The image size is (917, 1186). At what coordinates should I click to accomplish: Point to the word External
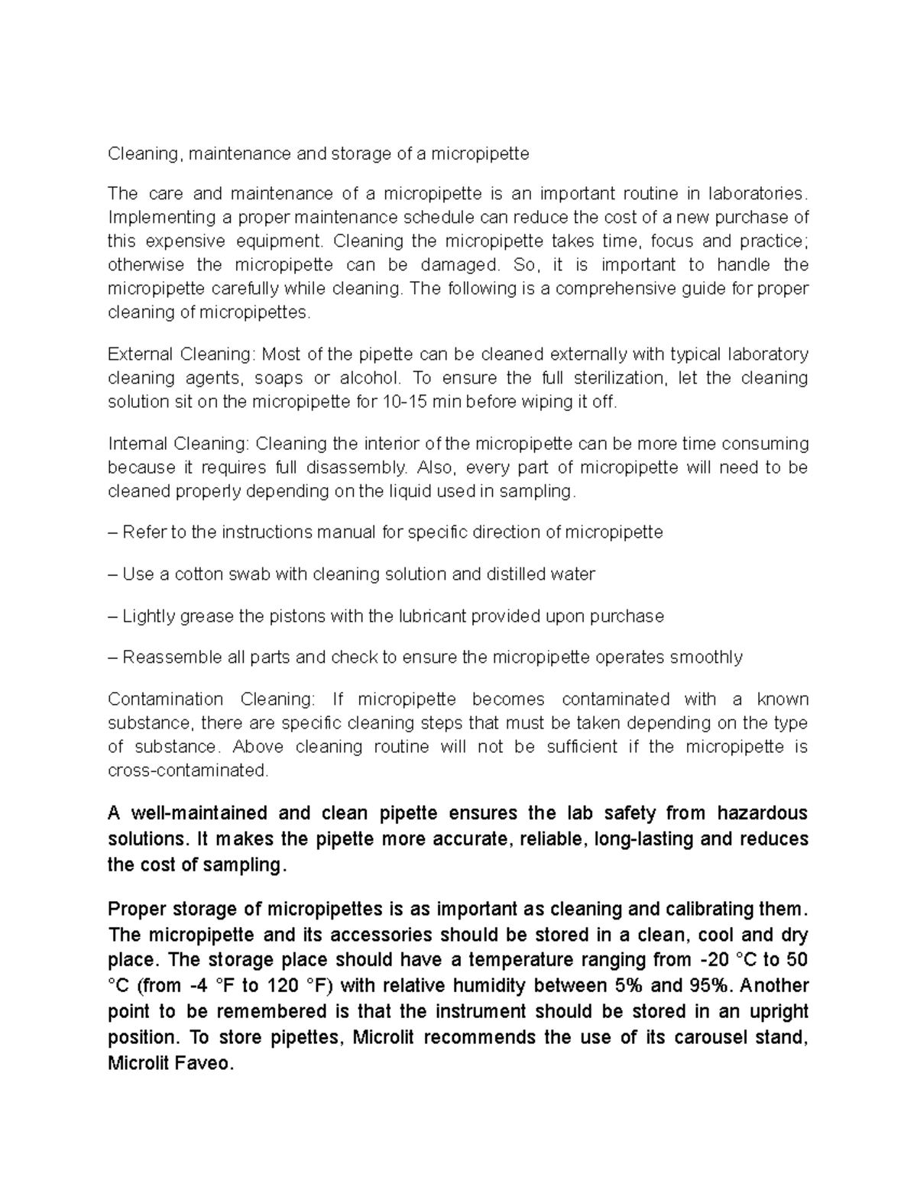[x=141, y=354]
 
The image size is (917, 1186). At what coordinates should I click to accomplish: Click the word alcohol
[x=368, y=378]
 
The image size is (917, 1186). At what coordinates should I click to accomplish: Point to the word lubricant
[x=430, y=616]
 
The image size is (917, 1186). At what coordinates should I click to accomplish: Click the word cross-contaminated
[x=188, y=771]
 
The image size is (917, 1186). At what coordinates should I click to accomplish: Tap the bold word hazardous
[x=763, y=813]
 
